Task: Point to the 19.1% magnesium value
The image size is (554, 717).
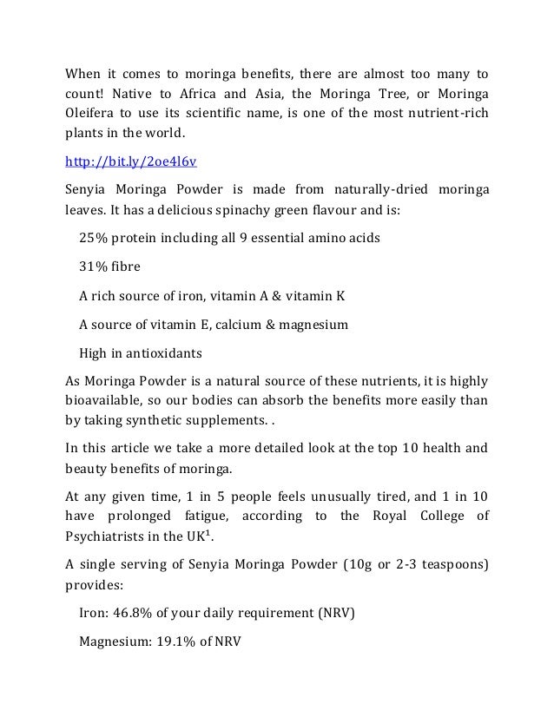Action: click(x=180, y=643)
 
